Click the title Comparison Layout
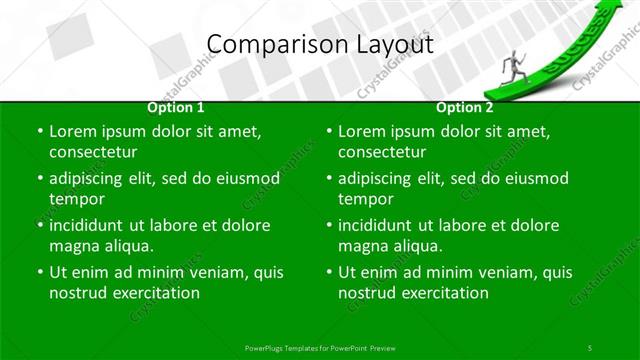(320, 44)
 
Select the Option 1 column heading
(176, 107)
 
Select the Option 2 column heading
(465, 107)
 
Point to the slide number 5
(589, 346)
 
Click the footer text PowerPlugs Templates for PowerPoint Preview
(320, 346)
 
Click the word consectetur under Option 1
(93, 153)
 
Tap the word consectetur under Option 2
(382, 153)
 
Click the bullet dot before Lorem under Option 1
(40, 132)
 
